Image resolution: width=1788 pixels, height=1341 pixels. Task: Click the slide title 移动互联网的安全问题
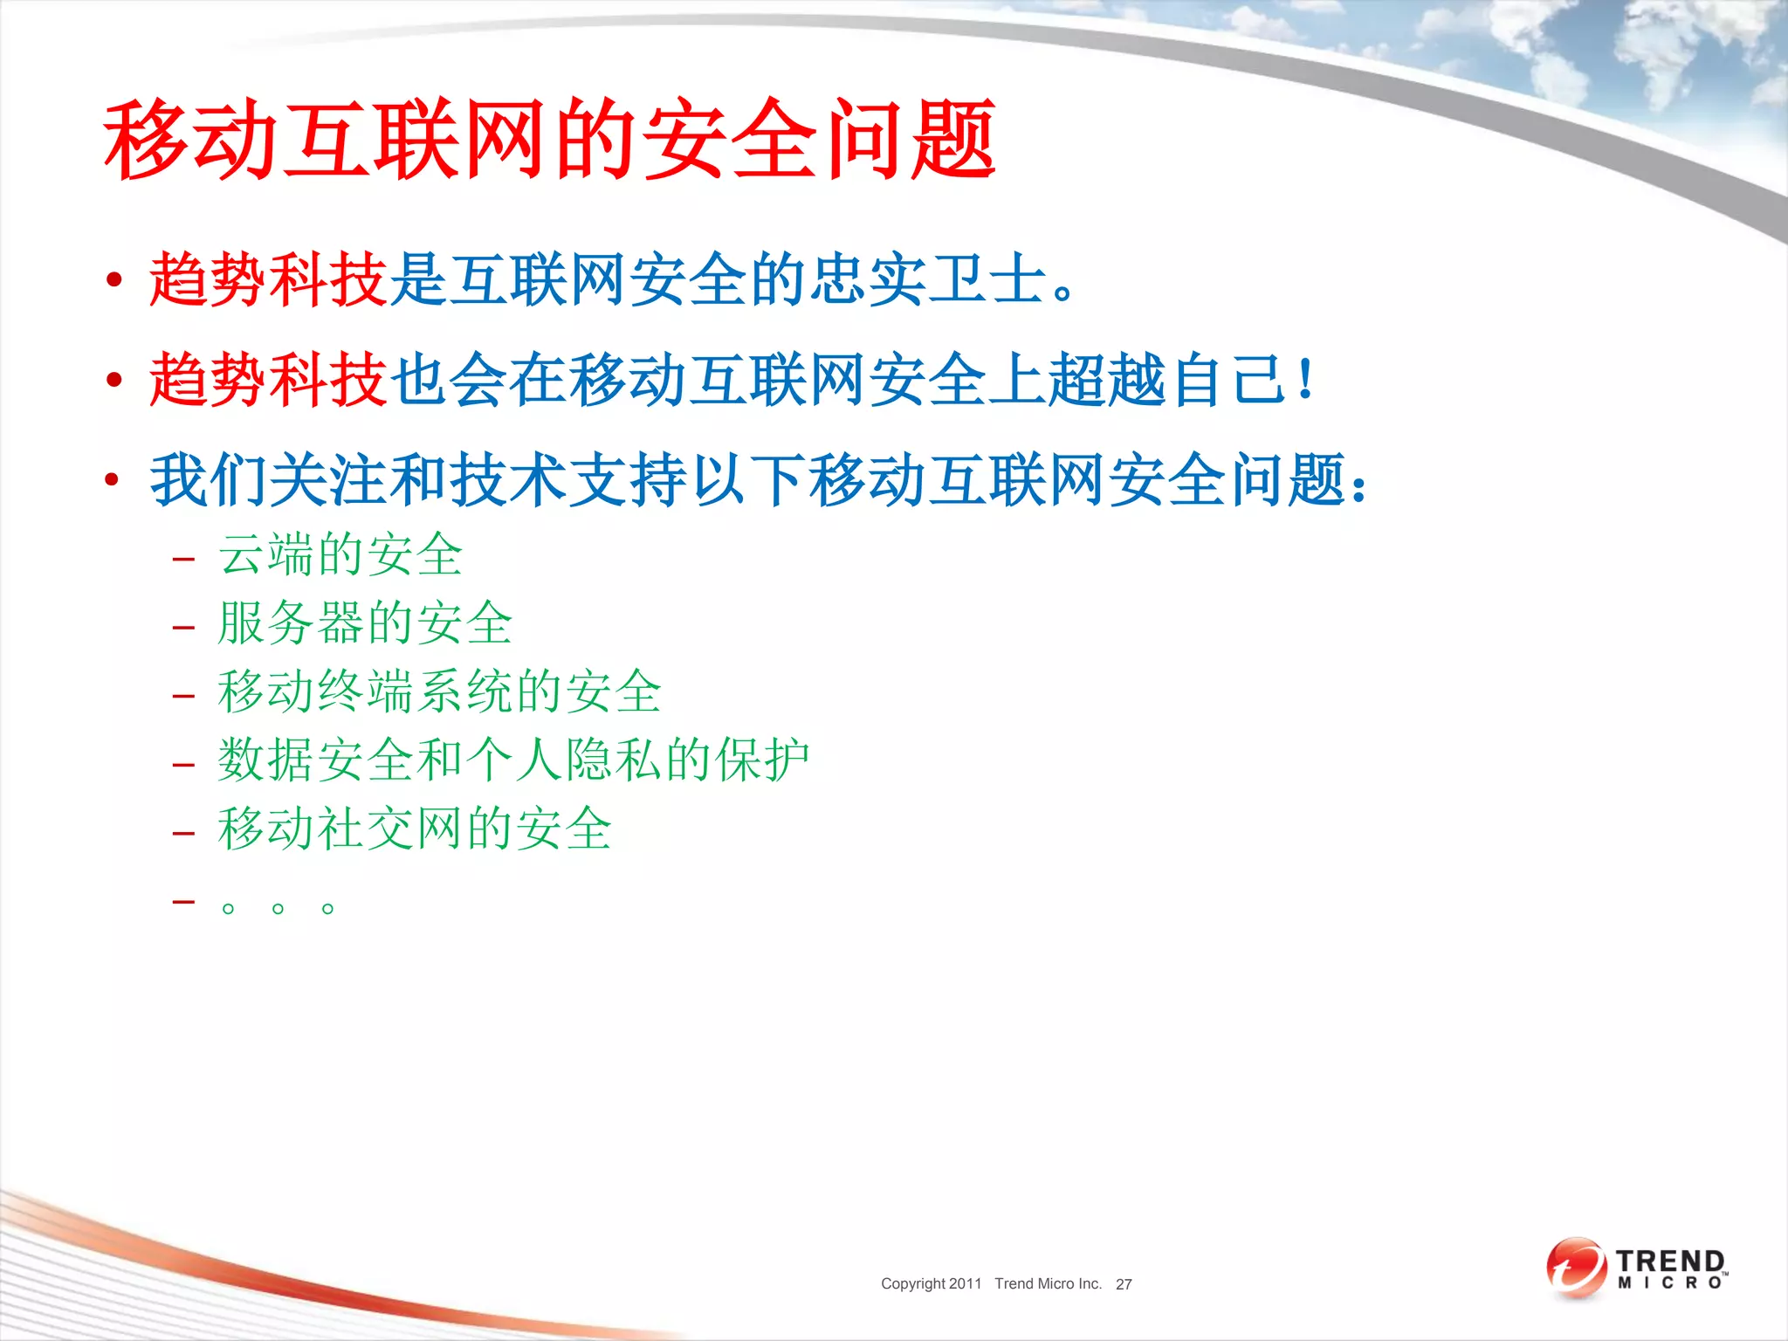[x=550, y=140]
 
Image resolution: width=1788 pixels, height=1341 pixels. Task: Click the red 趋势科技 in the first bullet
[x=268, y=279]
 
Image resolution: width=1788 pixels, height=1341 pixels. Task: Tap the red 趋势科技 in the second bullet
[x=268, y=380]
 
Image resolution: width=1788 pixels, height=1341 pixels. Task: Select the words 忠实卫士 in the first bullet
[x=928, y=279]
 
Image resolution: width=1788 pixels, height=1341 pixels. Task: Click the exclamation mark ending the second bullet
[x=1306, y=380]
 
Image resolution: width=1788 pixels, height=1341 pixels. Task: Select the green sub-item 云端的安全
[x=340, y=555]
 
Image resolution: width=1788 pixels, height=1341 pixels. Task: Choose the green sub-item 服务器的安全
[x=365, y=623]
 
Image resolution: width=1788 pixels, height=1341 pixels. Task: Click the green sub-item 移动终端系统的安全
[x=440, y=691]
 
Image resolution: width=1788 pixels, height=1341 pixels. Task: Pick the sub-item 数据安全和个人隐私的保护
[x=513, y=760]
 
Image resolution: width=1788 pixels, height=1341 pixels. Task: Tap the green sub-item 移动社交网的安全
[x=415, y=829]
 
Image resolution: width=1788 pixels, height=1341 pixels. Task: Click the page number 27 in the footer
[x=1124, y=1284]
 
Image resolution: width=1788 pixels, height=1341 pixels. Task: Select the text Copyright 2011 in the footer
[x=931, y=1283]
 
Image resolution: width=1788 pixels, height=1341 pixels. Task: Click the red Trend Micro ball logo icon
[x=1576, y=1267]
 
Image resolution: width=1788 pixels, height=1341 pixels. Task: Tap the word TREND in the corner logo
[x=1669, y=1261]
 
